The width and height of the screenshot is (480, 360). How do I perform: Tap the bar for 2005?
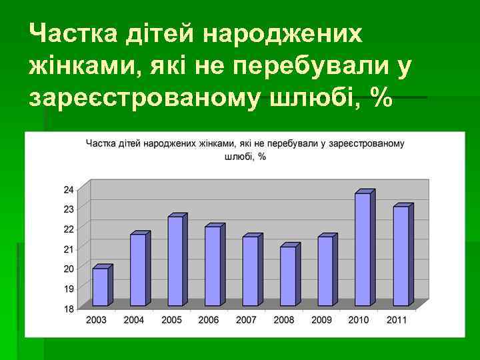[x=175, y=261]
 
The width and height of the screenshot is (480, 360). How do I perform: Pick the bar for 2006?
[x=213, y=265]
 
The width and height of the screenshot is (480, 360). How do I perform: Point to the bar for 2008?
[x=287, y=276]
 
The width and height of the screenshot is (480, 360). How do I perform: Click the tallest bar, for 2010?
[x=363, y=249]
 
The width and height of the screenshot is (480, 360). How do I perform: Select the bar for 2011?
[x=401, y=256]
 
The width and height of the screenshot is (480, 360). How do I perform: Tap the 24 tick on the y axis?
[x=69, y=189]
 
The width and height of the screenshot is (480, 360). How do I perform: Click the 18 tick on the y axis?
[x=69, y=309]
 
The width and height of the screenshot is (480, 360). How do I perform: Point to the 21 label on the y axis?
[x=69, y=249]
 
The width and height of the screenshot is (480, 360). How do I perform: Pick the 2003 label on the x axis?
[x=96, y=320]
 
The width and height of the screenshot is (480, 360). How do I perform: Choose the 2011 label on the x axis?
[x=396, y=320]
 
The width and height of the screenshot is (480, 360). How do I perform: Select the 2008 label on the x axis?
[x=283, y=320]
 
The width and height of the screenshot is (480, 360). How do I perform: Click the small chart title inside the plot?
[x=244, y=149]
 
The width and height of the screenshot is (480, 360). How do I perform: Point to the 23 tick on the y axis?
[x=69, y=209]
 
